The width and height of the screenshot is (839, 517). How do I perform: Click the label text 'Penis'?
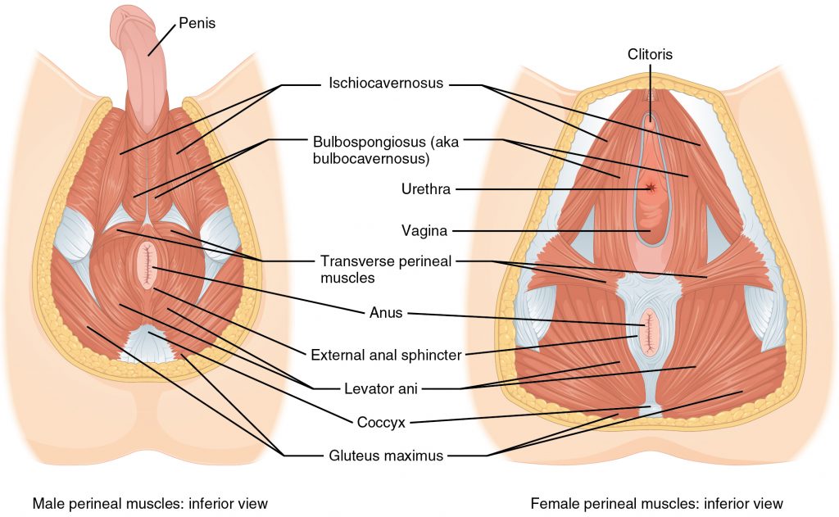(197, 24)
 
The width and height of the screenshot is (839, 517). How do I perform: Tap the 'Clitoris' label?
(650, 54)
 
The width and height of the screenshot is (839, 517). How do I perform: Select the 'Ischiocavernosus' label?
(386, 83)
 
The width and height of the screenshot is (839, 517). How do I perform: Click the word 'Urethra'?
(425, 189)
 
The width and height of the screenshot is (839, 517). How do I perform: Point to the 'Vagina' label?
(424, 231)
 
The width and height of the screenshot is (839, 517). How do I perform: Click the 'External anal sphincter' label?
(387, 355)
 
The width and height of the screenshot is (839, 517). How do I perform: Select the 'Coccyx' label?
(380, 423)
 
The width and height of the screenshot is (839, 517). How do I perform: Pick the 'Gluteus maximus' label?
(387, 455)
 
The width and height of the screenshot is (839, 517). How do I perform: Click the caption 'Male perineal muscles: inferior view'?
(150, 503)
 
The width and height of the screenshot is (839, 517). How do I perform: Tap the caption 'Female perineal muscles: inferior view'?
(656, 503)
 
